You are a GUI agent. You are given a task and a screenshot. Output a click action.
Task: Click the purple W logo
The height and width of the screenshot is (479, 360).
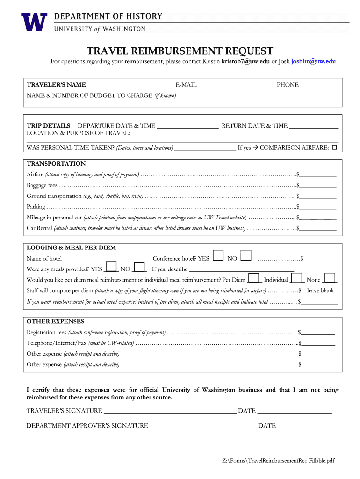point(34,22)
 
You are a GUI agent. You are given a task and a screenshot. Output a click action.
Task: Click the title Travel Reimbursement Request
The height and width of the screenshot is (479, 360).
point(180,51)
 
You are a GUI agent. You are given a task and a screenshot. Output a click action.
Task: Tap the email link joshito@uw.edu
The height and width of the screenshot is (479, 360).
point(313,61)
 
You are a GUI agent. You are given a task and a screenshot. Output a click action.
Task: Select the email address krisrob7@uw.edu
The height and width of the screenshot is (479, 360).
point(245,61)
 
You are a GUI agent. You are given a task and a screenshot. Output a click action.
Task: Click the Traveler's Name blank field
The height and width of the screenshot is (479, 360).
point(130,85)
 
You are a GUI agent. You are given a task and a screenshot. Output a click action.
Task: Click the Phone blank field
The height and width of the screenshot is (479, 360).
point(317,85)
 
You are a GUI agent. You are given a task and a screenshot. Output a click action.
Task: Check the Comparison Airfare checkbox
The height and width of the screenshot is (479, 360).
point(334,148)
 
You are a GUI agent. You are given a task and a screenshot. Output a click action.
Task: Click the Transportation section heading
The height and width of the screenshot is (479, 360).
point(56,164)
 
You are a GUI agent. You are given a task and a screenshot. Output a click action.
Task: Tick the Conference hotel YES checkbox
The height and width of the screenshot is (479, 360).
point(218,255)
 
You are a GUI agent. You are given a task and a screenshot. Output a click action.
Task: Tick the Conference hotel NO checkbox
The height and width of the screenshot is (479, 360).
point(246,255)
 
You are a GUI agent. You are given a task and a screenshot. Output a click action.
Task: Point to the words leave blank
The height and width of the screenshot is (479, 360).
point(320,290)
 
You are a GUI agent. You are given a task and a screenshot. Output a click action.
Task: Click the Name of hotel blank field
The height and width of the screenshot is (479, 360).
point(106,258)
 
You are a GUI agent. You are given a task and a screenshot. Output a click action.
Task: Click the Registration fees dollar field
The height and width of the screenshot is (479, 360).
point(318,332)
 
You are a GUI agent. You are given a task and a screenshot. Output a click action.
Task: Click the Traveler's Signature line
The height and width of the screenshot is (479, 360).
point(170,411)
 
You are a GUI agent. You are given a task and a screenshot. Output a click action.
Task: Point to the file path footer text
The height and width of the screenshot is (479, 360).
point(278,461)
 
